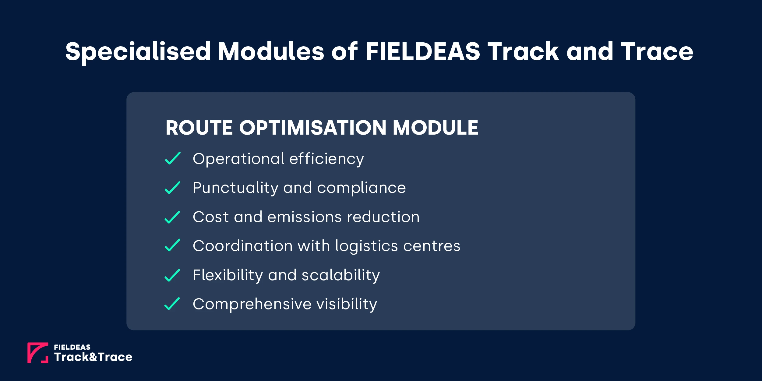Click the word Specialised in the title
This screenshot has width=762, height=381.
pyautogui.click(x=138, y=52)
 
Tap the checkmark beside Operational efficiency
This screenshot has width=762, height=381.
pyautogui.click(x=173, y=158)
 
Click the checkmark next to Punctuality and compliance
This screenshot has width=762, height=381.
pyautogui.click(x=173, y=188)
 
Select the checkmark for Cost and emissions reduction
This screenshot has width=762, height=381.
pyautogui.click(x=173, y=217)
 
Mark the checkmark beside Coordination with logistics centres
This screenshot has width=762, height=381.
pyautogui.click(x=173, y=245)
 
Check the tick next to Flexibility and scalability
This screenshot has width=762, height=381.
pyautogui.click(x=173, y=275)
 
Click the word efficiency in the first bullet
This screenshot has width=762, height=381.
pyautogui.click(x=326, y=159)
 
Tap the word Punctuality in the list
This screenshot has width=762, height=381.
pyautogui.click(x=235, y=188)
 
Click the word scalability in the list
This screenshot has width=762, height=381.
pyautogui.click(x=340, y=275)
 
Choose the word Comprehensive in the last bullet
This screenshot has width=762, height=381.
pyautogui.click(x=252, y=304)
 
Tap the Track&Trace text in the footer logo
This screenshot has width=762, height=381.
pyautogui.click(x=93, y=357)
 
